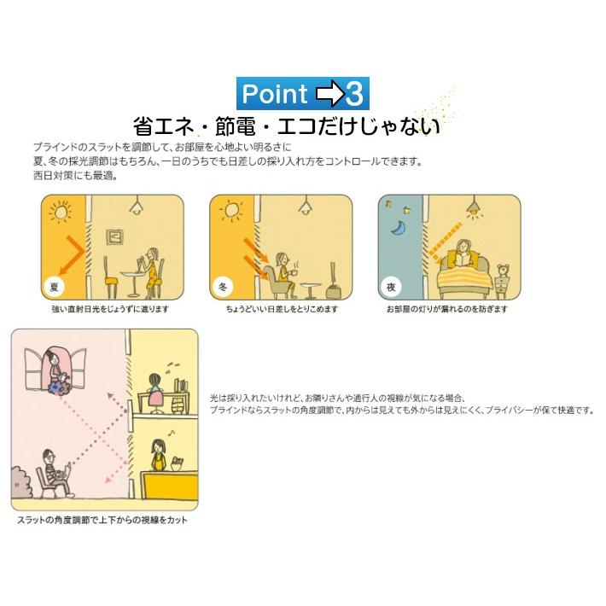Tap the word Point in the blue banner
tap(274, 92)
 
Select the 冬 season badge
tap(221, 287)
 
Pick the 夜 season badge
tap(389, 287)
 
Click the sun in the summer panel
tap(59, 210)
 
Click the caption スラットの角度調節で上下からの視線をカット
tap(101, 520)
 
